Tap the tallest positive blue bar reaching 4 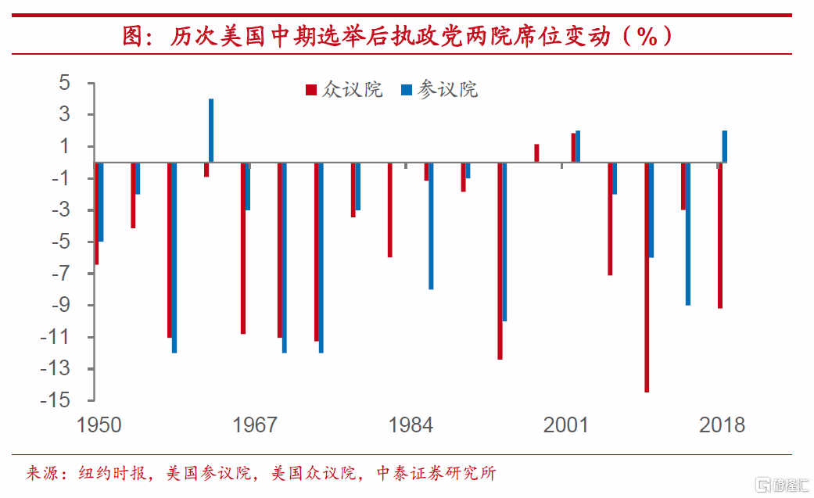[x=211, y=131]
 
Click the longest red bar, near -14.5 [x=647, y=277]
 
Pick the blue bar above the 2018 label [x=725, y=146]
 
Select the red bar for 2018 [x=719, y=235]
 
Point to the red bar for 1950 [x=96, y=213]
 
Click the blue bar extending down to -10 [x=504, y=242]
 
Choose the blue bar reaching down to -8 [x=431, y=226]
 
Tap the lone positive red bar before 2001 [x=536, y=153]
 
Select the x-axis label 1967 [x=255, y=425]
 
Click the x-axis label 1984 [x=411, y=425]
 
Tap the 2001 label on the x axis [x=566, y=425]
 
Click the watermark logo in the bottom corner [x=780, y=485]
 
